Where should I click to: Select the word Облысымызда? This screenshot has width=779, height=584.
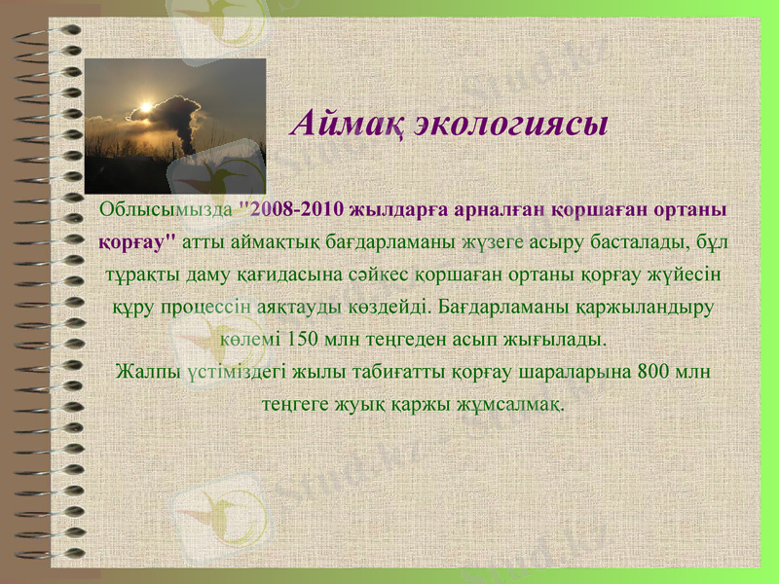[x=167, y=209]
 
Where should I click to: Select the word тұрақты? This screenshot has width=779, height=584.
[x=143, y=274]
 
